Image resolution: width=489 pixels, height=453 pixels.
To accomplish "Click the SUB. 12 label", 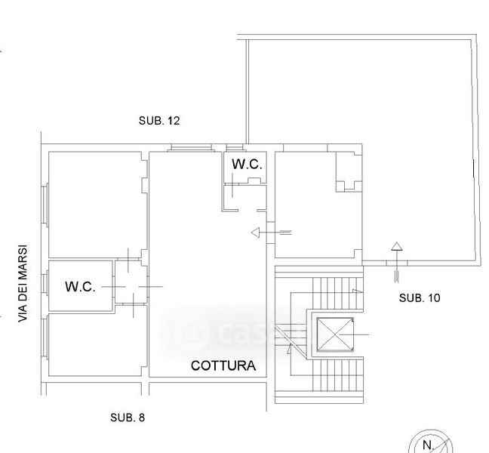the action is [x=159, y=121].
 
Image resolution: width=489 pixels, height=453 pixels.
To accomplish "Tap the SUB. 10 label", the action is [x=420, y=298].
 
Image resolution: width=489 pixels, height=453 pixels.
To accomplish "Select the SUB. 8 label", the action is [x=128, y=418].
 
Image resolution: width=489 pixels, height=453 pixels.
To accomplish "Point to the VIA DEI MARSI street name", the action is [x=23, y=284].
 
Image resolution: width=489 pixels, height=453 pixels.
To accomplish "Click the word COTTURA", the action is [x=223, y=365].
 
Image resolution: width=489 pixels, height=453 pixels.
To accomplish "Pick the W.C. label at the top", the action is [x=247, y=164].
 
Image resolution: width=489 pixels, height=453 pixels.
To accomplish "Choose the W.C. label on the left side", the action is [x=80, y=286].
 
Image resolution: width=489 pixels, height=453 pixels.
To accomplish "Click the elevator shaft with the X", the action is [x=335, y=334].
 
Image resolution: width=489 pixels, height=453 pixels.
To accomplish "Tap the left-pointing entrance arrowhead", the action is [x=255, y=233].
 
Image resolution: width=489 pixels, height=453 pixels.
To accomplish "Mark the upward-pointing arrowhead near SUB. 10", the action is [x=397, y=246].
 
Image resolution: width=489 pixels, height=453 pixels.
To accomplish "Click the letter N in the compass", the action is [x=428, y=445].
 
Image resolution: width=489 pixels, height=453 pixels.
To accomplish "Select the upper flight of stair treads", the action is [x=338, y=293].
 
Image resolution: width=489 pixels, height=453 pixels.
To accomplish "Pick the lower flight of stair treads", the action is [x=338, y=375].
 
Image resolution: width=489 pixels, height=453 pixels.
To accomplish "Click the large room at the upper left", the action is [x=97, y=205].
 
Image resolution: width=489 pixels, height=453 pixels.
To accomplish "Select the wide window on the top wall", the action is [x=191, y=148].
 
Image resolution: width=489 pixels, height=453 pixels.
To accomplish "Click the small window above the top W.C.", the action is [x=235, y=148].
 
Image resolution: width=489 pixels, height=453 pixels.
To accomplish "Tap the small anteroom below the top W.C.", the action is [x=244, y=198].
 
